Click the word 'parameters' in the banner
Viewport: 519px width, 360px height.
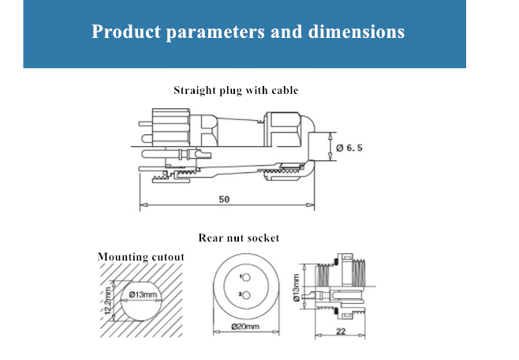215,32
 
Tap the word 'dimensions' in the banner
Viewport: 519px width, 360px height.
357,32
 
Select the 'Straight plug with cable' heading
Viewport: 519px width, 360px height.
236,91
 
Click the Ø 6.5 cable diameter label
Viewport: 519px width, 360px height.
349,148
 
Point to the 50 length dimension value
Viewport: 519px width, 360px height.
224,200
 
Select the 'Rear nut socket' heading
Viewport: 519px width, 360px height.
239,238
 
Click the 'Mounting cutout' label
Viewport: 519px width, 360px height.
141,257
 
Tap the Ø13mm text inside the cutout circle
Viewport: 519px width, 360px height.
143,294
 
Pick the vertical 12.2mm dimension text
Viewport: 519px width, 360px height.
108,300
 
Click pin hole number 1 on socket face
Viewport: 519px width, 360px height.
246,278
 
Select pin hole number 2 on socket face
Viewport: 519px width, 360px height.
246,294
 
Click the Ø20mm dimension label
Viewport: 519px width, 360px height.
245,327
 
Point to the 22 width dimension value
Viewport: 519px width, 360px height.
341,332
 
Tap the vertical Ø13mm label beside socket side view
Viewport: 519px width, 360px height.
297,288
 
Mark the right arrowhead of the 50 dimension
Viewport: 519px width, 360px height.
310,205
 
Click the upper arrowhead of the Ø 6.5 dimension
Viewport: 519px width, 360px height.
330,136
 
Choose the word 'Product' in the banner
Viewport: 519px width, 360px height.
126,32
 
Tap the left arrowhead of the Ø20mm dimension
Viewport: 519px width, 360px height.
217,332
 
